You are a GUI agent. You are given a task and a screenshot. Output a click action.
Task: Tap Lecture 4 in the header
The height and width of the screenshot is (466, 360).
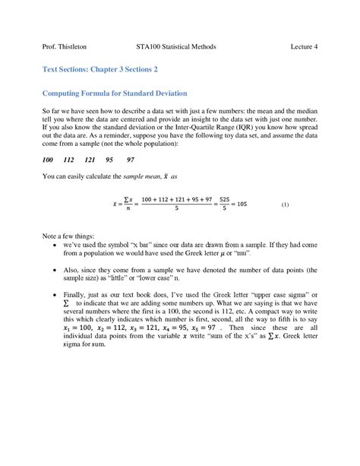pyautogui.click(x=304, y=46)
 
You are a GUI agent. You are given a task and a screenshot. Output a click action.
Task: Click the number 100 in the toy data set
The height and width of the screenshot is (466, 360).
pyautogui.click(x=49, y=160)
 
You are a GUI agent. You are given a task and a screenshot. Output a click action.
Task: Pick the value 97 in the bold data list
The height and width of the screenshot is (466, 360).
pyautogui.click(x=131, y=160)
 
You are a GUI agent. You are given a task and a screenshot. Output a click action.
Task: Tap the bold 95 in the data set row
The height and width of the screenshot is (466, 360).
pyautogui.click(x=110, y=160)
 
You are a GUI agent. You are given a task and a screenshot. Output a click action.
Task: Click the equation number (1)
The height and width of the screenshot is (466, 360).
pyautogui.click(x=285, y=205)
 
